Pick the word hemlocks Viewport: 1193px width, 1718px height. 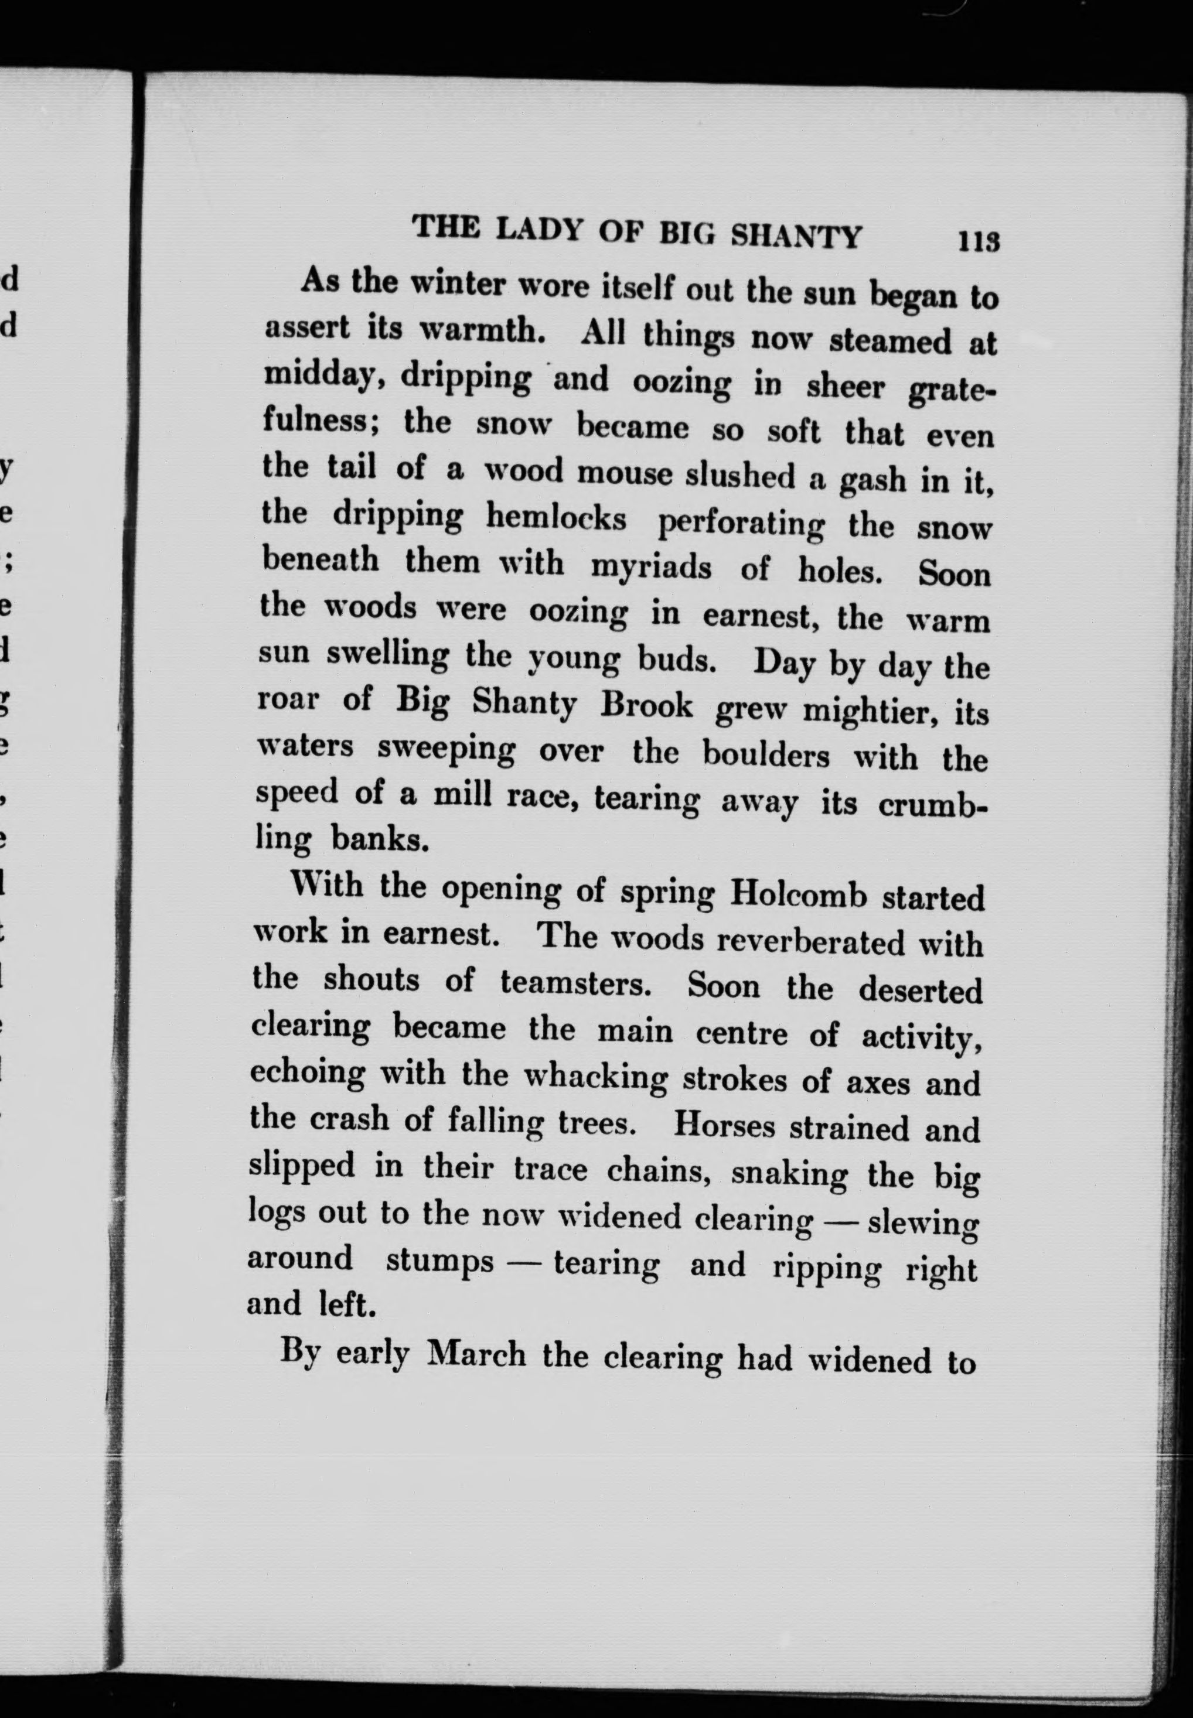tap(555, 518)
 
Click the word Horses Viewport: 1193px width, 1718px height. tap(724, 1125)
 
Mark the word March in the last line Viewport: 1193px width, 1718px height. tap(476, 1354)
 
